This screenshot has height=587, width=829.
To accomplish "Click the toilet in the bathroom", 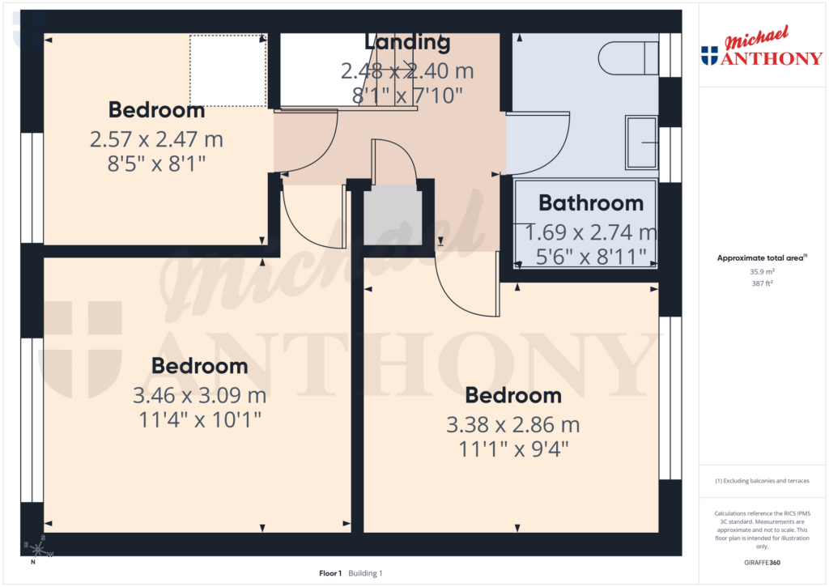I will (x=628, y=58).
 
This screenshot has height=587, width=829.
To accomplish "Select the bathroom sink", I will (x=641, y=142).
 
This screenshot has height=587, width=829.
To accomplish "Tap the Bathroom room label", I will (x=591, y=203).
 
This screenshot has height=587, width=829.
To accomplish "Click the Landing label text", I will (x=407, y=42).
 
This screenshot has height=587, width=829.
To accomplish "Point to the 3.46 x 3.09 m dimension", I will (x=200, y=396).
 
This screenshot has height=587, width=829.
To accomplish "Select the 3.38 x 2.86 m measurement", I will (x=513, y=425).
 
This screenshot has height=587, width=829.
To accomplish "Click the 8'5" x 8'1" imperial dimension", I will (x=156, y=163).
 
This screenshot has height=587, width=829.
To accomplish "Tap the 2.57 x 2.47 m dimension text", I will (x=156, y=139).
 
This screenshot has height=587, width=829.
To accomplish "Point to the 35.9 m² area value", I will (x=762, y=272).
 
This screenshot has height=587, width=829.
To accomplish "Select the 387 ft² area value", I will (x=762, y=283).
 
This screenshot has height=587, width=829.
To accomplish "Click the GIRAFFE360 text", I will (x=762, y=563).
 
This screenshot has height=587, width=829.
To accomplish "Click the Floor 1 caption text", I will (x=330, y=573).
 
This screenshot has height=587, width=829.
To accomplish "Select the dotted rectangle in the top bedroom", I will (x=227, y=70).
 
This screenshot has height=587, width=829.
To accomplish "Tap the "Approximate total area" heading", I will (x=761, y=258).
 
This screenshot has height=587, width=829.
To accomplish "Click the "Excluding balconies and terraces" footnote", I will (x=762, y=481).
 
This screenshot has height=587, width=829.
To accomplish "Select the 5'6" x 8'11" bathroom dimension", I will (x=591, y=257).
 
